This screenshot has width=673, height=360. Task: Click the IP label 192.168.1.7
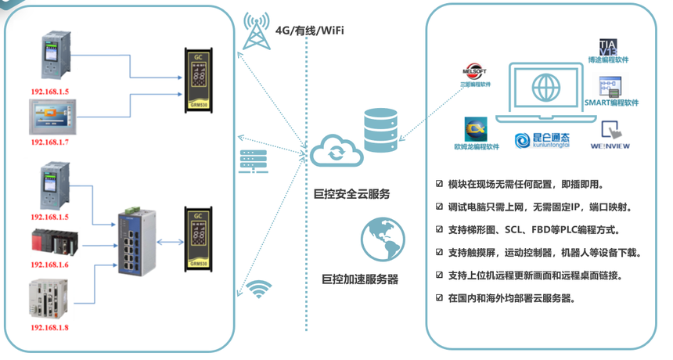(50, 143)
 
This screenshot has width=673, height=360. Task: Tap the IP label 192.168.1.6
(50, 265)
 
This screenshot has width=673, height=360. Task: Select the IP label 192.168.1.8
(50, 327)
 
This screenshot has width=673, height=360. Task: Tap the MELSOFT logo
(475, 72)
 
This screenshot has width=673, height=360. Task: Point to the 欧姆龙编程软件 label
(476, 146)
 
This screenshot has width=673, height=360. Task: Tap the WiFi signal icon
(259, 289)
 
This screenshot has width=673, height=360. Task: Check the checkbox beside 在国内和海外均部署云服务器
(439, 298)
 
